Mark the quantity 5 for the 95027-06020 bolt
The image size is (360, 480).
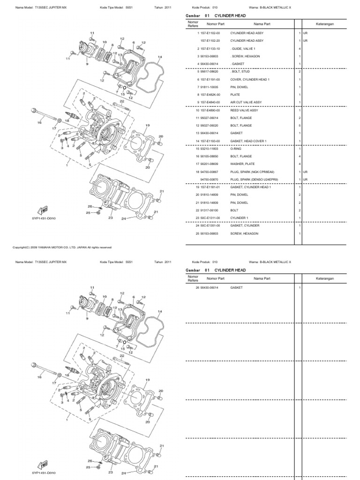click(299, 125)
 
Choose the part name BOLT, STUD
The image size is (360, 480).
click(240, 71)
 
